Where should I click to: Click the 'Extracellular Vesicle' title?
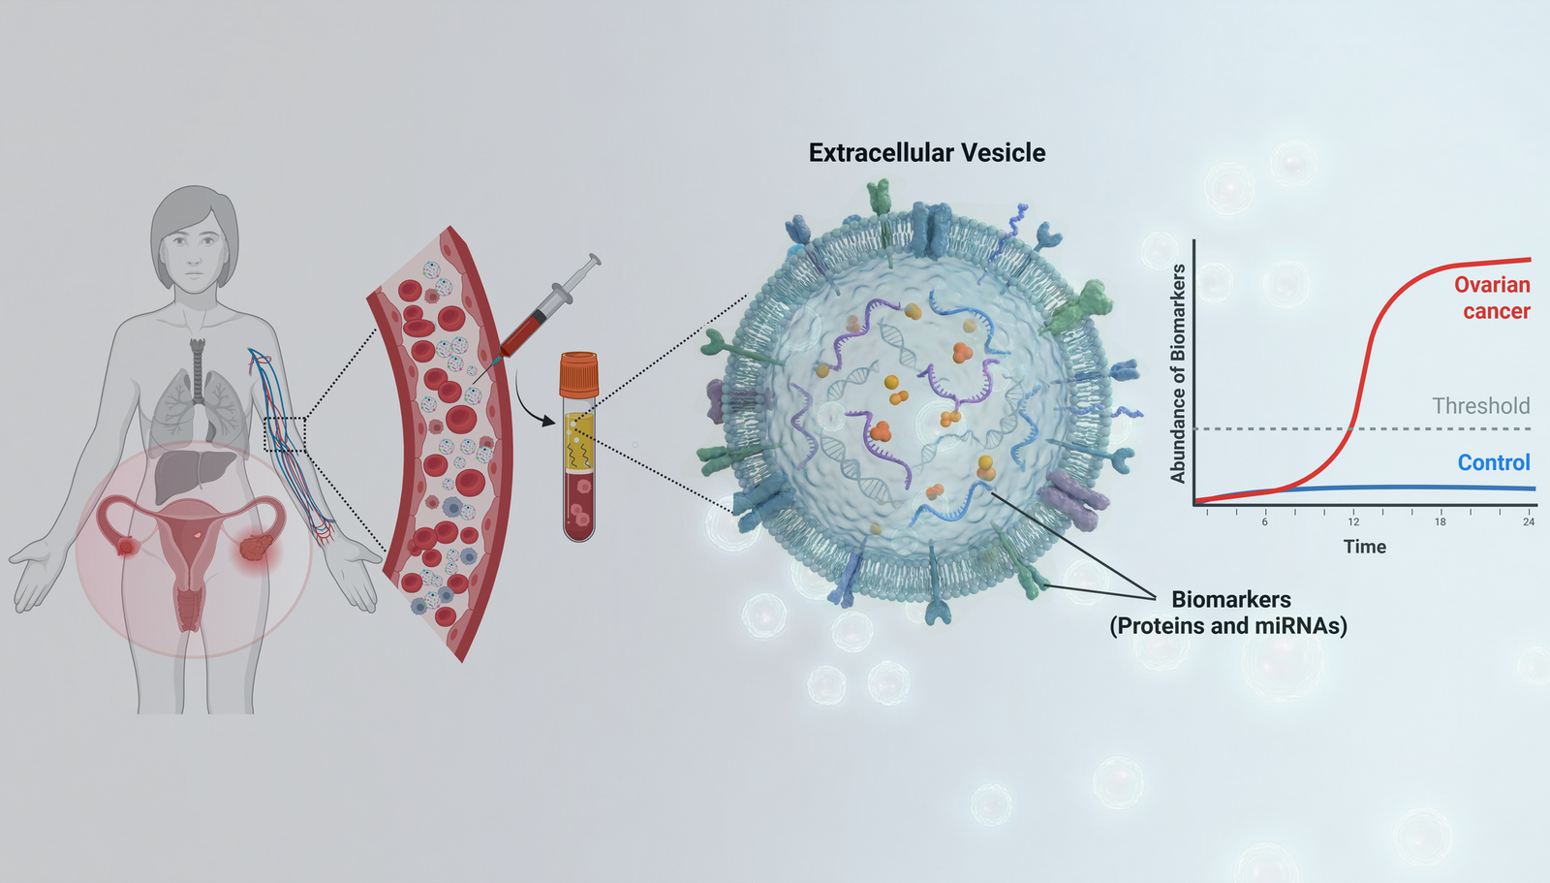tap(927, 153)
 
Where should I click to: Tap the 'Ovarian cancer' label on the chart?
tap(1493, 298)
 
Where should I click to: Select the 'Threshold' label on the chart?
tap(1481, 406)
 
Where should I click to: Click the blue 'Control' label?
tap(1494, 462)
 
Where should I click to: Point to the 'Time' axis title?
tap(1364, 547)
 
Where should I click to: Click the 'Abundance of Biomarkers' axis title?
tap(1178, 373)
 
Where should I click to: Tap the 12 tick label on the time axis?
tap(1353, 521)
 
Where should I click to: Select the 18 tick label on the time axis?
tap(1441, 521)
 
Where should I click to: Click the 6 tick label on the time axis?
tap(1265, 521)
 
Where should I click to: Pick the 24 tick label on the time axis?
tap(1529, 521)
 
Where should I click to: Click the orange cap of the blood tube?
tap(578, 374)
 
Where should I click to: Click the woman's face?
tap(195, 249)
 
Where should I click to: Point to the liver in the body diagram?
tap(191, 473)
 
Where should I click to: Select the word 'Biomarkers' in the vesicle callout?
tap(1230, 599)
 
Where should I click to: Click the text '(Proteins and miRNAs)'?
tap(1228, 626)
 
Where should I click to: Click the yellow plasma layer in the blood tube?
tap(579, 442)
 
